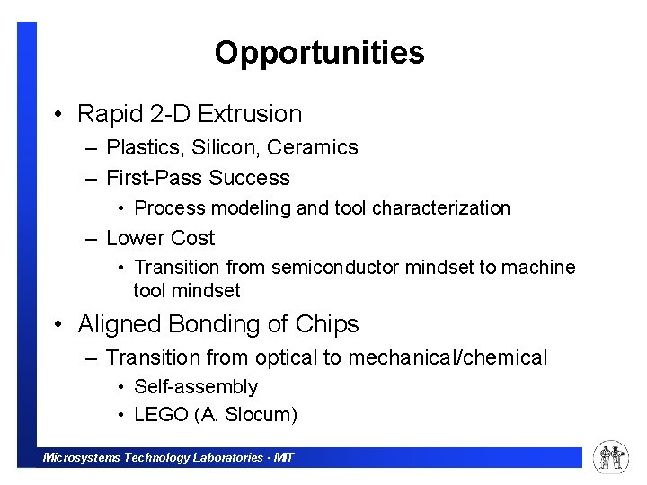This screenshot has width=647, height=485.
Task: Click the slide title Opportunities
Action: pos(319,53)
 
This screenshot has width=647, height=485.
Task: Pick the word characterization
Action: pos(441,208)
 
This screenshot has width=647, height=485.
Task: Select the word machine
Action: pos(538,268)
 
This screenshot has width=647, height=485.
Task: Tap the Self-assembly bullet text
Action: pos(196,387)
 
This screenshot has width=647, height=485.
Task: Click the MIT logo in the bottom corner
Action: pos(611,458)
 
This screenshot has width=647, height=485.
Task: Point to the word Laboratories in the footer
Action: pos(227,458)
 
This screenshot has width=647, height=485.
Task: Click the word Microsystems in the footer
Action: pos(82,458)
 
